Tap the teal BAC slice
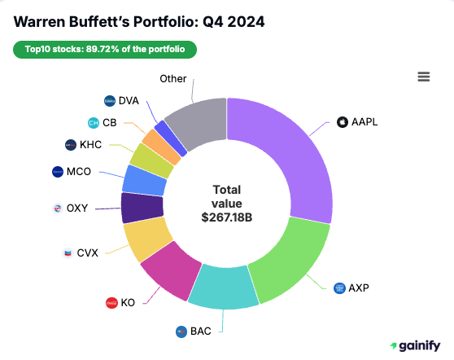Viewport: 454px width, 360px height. (x=224, y=288)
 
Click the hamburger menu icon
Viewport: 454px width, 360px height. (x=423, y=77)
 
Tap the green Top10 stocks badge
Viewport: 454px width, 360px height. (x=104, y=50)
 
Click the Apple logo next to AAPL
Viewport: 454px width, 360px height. (x=342, y=122)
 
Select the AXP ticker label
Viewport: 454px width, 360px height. (x=359, y=288)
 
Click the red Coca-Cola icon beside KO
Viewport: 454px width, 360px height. (x=112, y=303)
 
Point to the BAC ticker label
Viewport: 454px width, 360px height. (x=200, y=331)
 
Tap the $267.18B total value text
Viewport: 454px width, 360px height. (x=226, y=217)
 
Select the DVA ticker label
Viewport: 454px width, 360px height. (x=129, y=101)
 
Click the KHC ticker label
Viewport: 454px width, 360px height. (x=91, y=145)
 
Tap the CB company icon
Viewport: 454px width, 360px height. (x=93, y=123)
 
